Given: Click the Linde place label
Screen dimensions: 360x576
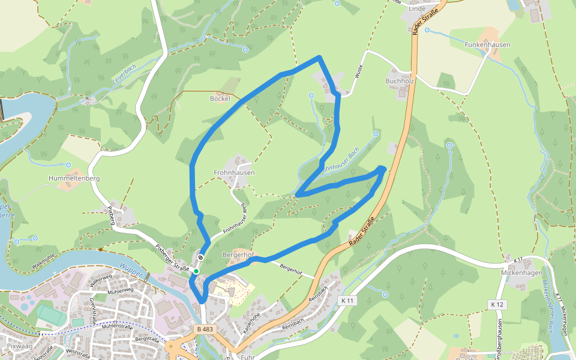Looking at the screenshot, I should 416,9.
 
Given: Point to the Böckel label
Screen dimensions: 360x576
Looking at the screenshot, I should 220,98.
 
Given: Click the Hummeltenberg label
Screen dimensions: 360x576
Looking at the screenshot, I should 74,178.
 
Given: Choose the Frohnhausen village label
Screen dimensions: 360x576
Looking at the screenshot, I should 234,172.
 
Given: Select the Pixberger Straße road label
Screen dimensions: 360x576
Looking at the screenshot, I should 172,256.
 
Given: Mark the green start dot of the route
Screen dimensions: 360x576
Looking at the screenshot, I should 196,271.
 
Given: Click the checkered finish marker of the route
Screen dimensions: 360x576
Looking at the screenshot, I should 200,258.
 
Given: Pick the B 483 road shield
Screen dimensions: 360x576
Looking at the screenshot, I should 205,329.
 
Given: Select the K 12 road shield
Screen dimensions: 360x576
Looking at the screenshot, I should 497,305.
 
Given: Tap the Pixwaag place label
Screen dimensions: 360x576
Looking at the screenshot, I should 20,347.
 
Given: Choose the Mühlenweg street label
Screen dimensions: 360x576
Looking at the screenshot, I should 120,290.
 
